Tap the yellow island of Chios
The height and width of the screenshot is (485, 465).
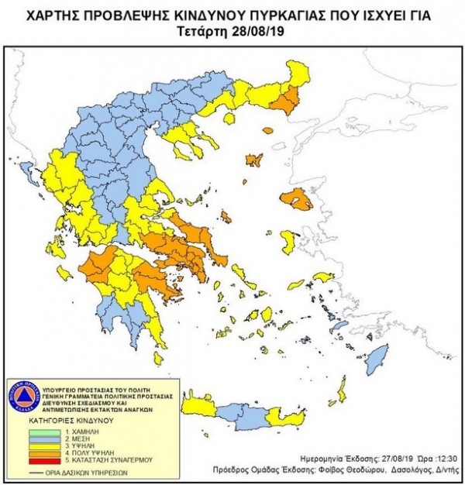click(288, 242)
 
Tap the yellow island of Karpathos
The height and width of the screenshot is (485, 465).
click(339, 391)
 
